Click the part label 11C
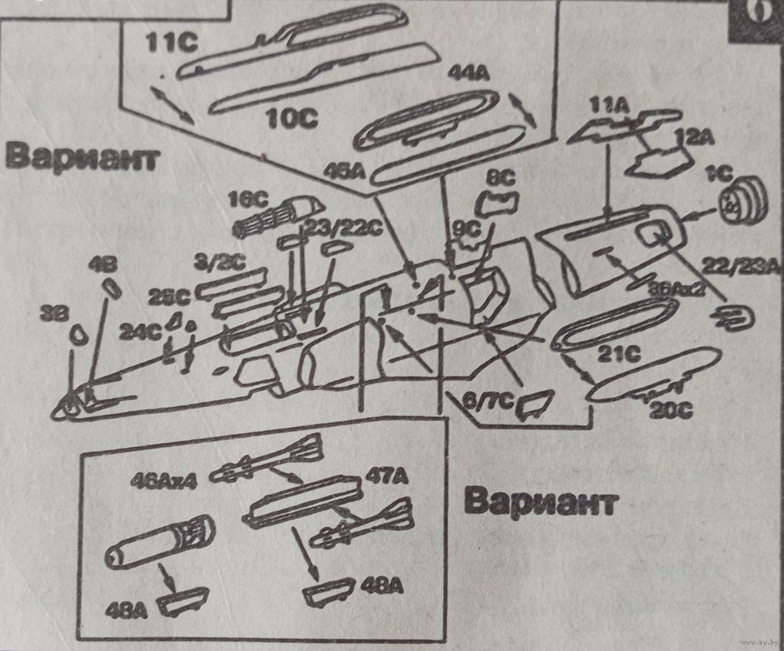click(171, 42)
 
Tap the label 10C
click(292, 118)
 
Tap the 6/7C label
click(485, 402)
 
